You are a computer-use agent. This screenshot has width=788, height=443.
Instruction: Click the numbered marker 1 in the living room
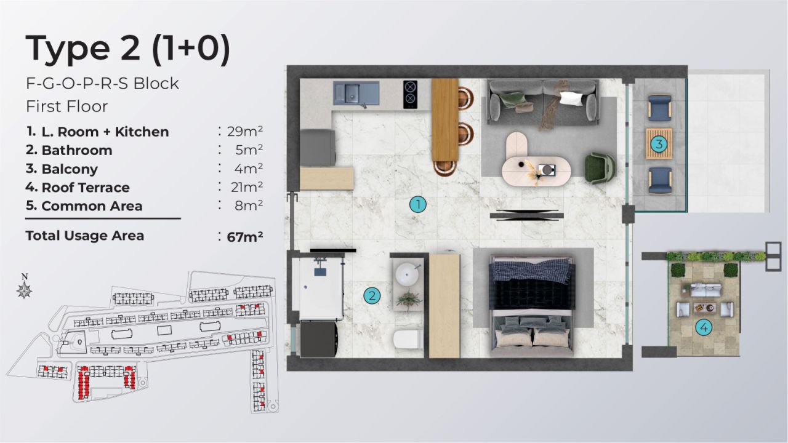418,205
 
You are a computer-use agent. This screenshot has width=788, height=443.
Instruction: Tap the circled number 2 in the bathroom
371,296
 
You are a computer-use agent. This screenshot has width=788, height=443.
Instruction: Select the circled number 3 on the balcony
659,145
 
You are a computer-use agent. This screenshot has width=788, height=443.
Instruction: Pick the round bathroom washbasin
407,275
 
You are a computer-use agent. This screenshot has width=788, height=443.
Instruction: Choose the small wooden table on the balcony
659,145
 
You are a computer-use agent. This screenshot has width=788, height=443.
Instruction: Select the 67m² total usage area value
244,236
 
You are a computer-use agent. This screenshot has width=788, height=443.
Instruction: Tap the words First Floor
66,106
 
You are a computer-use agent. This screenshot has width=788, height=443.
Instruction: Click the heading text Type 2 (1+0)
128,49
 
